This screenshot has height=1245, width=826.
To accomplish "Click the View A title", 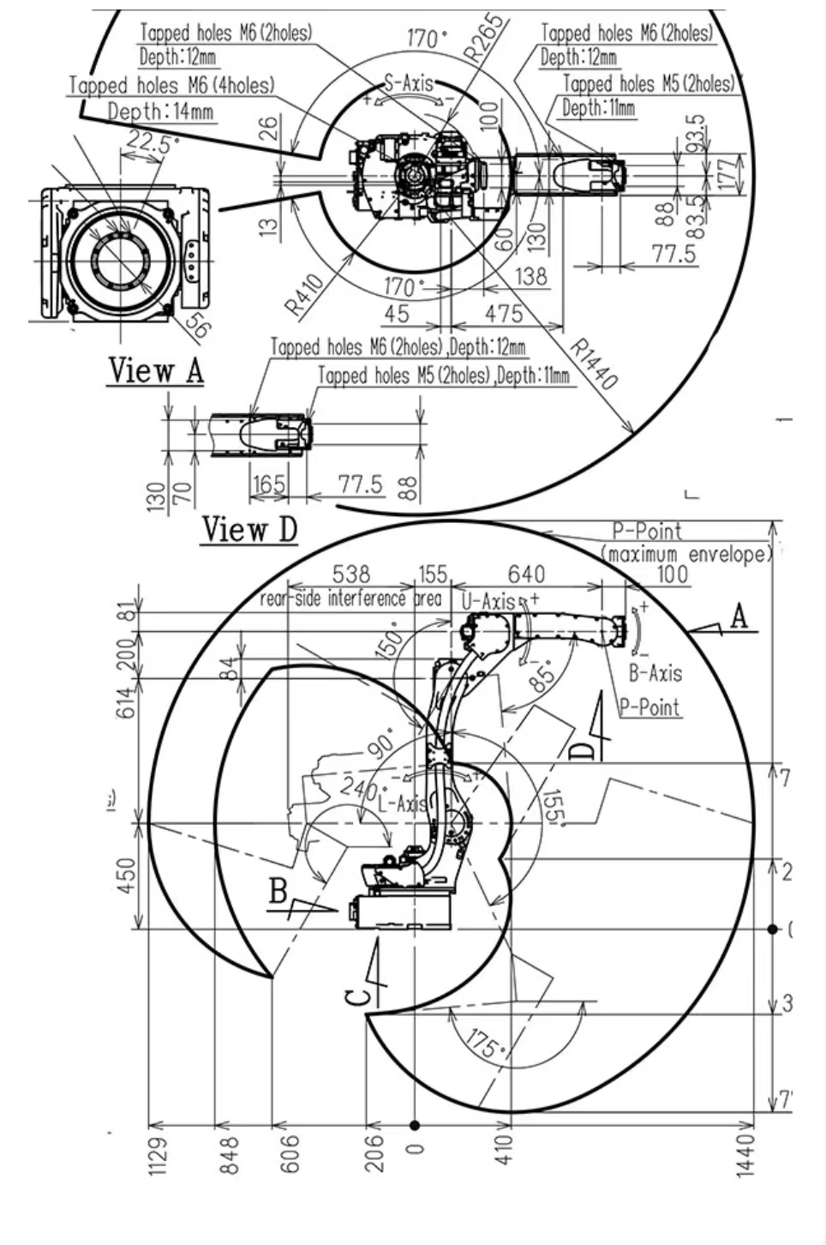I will (x=156, y=370).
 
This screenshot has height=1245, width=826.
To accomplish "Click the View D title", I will (x=249, y=529).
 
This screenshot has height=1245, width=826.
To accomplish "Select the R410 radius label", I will (x=305, y=294).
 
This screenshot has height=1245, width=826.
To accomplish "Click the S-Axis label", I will (x=408, y=83).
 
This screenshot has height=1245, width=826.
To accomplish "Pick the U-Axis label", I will (x=488, y=601).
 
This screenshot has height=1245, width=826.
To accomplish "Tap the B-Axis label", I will (x=655, y=672).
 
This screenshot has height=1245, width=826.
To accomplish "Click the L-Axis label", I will (x=402, y=803).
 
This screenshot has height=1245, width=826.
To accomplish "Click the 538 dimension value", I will (x=350, y=574).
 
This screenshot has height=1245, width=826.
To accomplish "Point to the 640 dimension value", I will (x=526, y=574).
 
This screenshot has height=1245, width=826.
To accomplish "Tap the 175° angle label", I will (x=482, y=1043).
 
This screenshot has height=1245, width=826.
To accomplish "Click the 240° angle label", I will (x=358, y=785).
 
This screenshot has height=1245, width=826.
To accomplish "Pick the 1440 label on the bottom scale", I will (x=745, y=1155).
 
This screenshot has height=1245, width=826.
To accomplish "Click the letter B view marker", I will (x=278, y=891).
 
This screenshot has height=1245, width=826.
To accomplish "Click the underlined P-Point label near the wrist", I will (x=649, y=707).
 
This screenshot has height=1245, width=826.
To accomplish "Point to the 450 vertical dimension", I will (x=126, y=875).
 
